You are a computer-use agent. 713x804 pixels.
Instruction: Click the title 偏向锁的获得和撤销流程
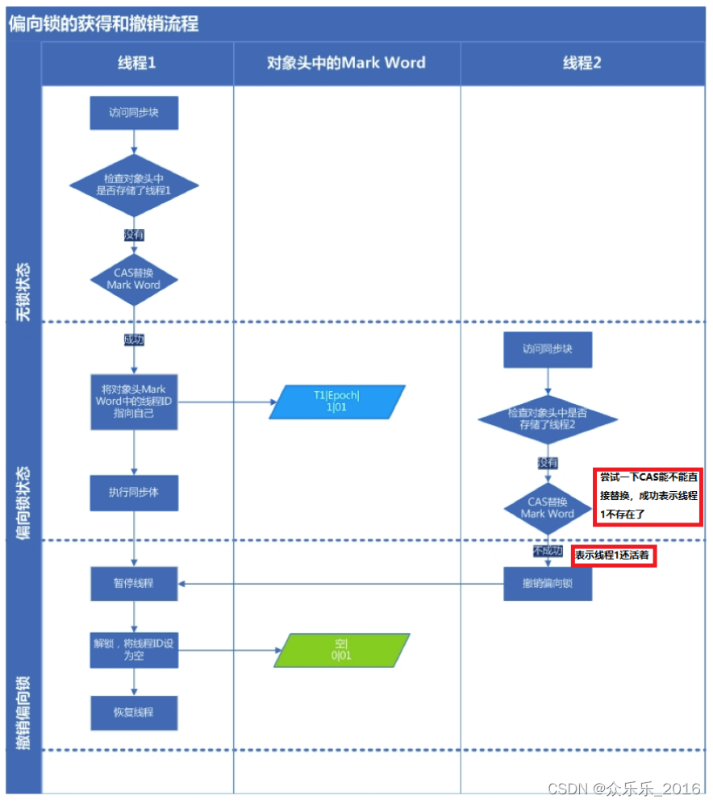[103, 23]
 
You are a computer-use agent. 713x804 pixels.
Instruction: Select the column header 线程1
[136, 63]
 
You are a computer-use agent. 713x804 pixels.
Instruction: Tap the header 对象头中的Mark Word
[346, 63]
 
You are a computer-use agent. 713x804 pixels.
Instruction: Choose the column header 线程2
[582, 63]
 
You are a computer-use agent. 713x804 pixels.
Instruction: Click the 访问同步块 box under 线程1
[134, 113]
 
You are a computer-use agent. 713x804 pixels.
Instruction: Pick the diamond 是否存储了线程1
[134, 185]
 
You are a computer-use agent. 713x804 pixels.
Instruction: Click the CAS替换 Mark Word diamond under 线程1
[134, 279]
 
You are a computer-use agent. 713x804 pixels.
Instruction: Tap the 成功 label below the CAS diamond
[134, 340]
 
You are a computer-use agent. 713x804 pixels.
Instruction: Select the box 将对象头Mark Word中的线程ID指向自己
[134, 401]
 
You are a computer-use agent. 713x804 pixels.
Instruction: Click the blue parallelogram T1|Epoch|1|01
[336, 402]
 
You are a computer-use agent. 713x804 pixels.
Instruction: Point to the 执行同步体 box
[134, 492]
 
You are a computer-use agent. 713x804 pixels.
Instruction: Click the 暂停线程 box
[134, 583]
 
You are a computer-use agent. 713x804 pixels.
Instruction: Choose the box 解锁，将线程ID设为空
[134, 650]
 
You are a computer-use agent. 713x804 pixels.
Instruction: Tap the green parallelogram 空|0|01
[341, 650]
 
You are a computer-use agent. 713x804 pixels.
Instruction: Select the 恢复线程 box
[134, 713]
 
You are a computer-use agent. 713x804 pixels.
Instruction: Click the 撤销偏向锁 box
[548, 583]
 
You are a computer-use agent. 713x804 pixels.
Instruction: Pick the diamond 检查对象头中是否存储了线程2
[548, 419]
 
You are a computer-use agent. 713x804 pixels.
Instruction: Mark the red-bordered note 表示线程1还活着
[612, 556]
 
